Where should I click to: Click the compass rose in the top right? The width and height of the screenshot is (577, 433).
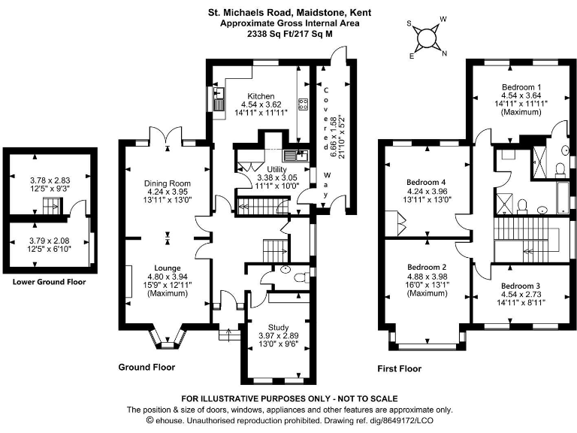click(x=427, y=37)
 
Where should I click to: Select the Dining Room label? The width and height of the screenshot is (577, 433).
click(x=168, y=183)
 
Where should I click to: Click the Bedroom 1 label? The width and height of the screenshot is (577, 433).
click(x=519, y=86)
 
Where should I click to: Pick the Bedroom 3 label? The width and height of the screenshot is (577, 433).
click(x=520, y=286)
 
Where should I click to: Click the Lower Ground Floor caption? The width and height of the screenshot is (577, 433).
click(x=49, y=283)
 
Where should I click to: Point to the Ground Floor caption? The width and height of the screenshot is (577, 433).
click(x=147, y=368)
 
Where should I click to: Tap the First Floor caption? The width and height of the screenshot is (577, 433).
click(x=399, y=369)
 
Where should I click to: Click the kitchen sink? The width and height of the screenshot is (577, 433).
click(x=219, y=95)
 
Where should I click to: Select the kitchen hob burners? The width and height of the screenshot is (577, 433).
click(x=304, y=104)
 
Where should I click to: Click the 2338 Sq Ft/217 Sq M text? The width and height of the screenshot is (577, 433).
click(x=289, y=34)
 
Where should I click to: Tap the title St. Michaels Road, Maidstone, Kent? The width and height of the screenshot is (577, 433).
click(x=289, y=13)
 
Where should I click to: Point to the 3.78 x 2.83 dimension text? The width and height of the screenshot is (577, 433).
click(x=49, y=180)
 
